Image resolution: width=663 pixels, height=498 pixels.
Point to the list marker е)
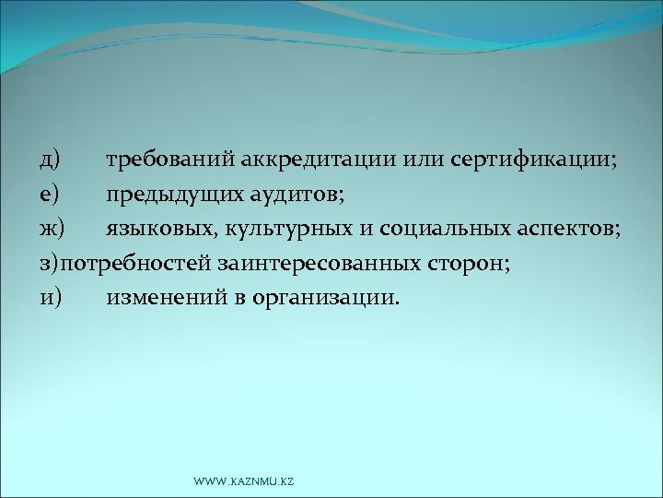pyautogui.click(x=49, y=194)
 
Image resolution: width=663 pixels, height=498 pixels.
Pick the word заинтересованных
pyautogui.click(x=319, y=264)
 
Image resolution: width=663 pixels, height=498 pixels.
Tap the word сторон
pyautogui.click(x=469, y=264)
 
